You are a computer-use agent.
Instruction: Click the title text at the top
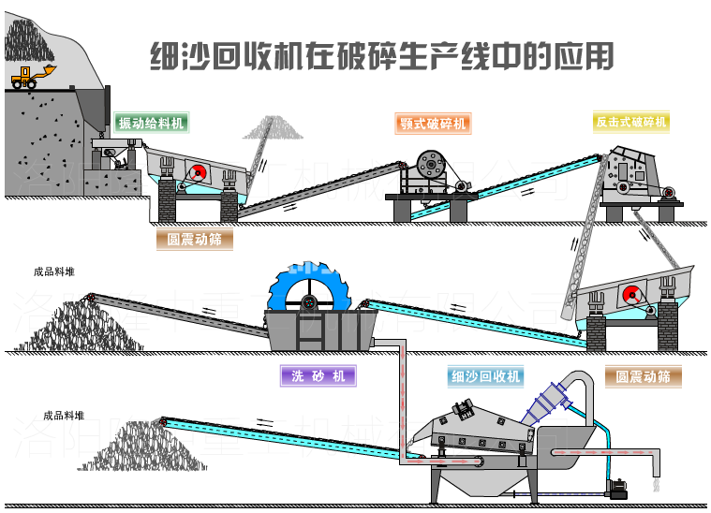382,56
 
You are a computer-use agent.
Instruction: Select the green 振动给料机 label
150,124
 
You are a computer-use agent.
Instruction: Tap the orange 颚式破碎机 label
432,124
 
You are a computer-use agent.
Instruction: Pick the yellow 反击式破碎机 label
631,122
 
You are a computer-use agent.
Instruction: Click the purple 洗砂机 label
318,376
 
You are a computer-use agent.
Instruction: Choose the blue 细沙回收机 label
485,376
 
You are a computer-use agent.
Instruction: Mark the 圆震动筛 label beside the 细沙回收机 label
643,376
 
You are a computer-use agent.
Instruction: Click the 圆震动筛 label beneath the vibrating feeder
195,239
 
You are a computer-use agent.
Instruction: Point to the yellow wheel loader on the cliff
33,76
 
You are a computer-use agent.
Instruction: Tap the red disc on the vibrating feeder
198,173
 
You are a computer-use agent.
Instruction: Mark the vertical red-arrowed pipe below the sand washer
401,403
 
